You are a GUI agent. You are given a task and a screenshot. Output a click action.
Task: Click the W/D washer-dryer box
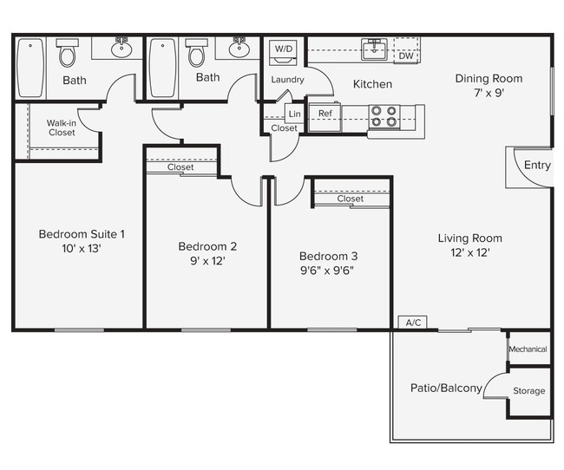(x=284, y=49)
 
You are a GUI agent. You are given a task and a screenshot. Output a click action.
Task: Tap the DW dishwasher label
(x=405, y=56)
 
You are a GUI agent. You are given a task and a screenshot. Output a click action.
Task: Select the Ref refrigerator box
(x=325, y=114)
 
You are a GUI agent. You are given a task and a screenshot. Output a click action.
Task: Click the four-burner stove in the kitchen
(x=384, y=116)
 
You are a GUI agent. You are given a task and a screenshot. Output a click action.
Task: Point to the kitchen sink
(x=375, y=49)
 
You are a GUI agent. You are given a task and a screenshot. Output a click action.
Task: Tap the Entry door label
(x=537, y=166)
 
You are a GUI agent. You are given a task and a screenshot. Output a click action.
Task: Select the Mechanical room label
(x=528, y=349)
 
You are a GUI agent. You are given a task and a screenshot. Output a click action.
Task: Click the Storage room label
(x=528, y=391)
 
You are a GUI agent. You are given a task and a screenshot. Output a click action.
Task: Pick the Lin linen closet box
(x=294, y=114)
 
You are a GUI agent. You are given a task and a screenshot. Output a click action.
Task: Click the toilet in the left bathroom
(x=67, y=55)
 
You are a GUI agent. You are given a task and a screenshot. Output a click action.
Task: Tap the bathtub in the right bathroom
(x=162, y=68)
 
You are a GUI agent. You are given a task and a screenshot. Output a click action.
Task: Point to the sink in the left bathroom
(x=121, y=49)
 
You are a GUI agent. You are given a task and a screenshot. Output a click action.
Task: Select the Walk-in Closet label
(x=61, y=128)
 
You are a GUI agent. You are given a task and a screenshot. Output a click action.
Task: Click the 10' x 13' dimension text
(x=82, y=248)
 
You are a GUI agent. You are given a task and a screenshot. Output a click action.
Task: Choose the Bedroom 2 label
(x=207, y=245)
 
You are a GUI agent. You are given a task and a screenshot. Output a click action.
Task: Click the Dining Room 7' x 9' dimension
(x=489, y=92)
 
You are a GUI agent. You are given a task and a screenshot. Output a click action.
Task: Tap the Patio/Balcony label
(x=446, y=388)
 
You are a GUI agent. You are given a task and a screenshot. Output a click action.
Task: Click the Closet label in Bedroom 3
(x=351, y=199)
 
